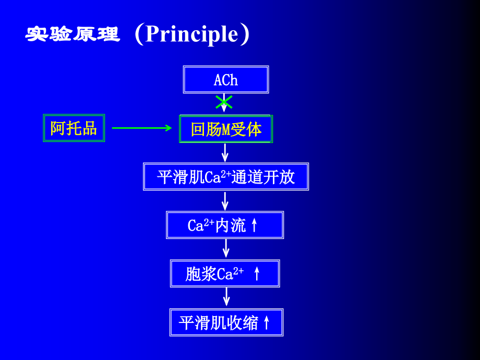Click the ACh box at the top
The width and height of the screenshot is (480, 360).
point(226,80)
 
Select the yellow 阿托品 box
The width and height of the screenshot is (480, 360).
point(74,128)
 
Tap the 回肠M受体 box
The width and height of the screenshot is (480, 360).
point(226,129)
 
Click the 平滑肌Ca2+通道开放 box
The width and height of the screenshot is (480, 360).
point(226,177)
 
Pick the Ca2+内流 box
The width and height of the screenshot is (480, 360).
point(225,225)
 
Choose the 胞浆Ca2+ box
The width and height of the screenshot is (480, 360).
point(225,273)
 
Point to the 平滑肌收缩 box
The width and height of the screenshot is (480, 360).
point(226,322)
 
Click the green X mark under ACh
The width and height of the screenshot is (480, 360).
point(224,102)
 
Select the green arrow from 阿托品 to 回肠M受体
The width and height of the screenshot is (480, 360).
point(142,128)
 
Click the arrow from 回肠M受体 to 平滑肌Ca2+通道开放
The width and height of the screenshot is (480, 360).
point(225,152)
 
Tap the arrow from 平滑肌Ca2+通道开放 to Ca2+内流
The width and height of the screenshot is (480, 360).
point(225,201)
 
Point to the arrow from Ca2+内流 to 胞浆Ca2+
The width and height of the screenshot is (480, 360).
point(225,249)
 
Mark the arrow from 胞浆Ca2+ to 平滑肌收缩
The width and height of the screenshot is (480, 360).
point(226,297)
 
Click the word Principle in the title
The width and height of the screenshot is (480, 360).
point(191,34)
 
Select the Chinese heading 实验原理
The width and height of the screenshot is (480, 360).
point(73,34)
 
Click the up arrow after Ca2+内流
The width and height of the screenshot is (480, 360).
point(255,225)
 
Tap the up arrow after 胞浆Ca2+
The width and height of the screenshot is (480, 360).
point(257,273)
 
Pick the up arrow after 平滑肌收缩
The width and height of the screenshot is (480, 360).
point(267,322)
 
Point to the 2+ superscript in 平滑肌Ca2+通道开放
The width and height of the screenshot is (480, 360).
point(226,173)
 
